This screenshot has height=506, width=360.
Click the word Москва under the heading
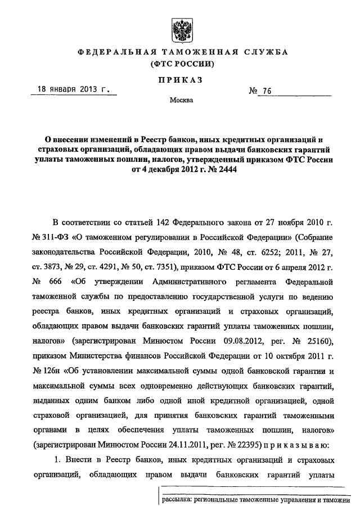(181, 101)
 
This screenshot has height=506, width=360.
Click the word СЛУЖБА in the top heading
(265, 52)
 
